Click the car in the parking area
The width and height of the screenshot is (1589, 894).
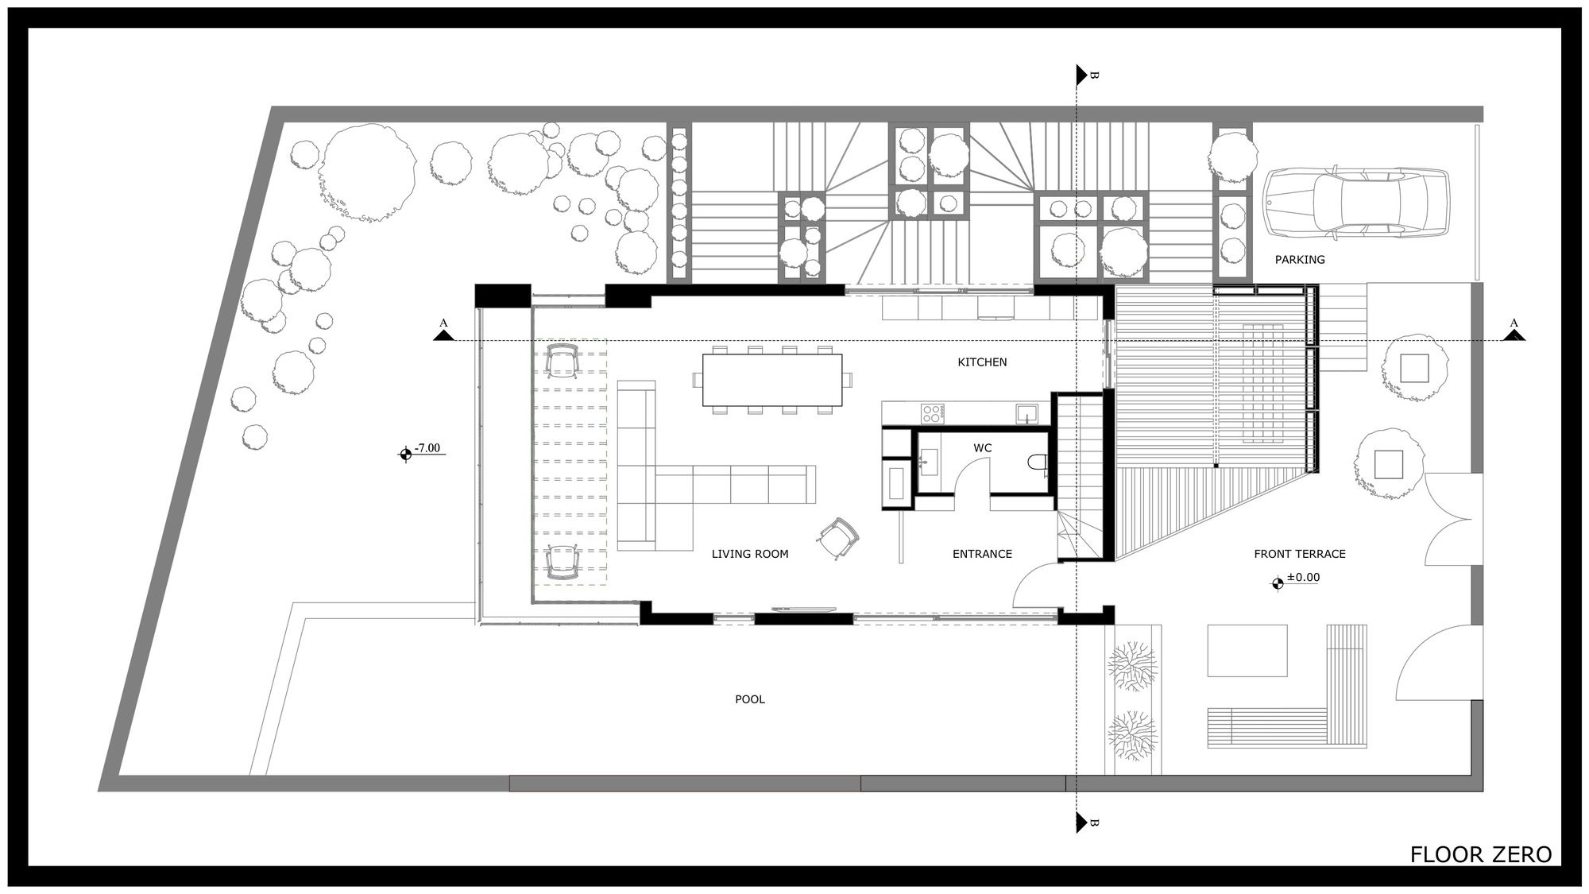click(1356, 203)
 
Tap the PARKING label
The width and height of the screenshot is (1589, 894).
click(1300, 259)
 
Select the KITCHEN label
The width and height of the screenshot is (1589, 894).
click(982, 362)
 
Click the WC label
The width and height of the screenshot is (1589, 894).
click(983, 448)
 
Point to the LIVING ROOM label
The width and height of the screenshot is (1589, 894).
click(750, 554)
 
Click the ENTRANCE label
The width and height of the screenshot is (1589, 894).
click(982, 554)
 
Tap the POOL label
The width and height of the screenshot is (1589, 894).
click(750, 700)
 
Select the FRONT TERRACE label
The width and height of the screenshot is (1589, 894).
click(1300, 554)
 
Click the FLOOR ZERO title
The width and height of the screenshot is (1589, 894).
click(1481, 854)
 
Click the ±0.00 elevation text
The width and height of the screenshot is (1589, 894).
click(1303, 578)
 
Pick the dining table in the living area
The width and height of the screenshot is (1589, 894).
click(772, 380)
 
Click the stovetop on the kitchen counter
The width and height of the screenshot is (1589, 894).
click(933, 413)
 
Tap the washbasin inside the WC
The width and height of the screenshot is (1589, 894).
click(928, 461)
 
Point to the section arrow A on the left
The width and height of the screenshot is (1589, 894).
click(443, 335)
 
